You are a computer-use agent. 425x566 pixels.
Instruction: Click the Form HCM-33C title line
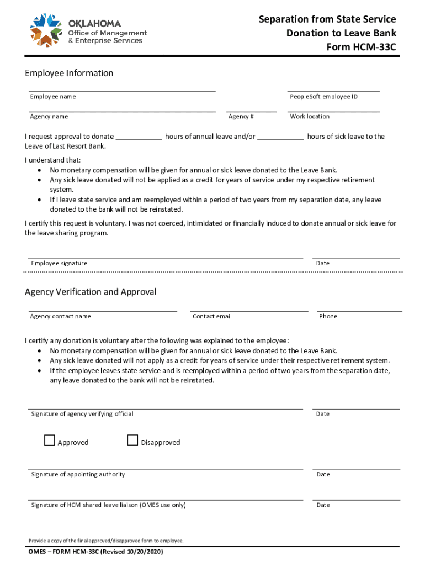(362, 47)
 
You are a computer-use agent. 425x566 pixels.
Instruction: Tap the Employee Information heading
(69, 73)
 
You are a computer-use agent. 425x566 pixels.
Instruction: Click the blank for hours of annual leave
(139, 136)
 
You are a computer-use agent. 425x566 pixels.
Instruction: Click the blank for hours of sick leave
(280, 136)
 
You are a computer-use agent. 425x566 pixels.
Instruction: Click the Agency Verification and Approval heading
(91, 291)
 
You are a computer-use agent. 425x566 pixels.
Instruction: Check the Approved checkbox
(50, 441)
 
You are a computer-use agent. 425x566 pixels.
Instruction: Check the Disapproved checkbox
(132, 441)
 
